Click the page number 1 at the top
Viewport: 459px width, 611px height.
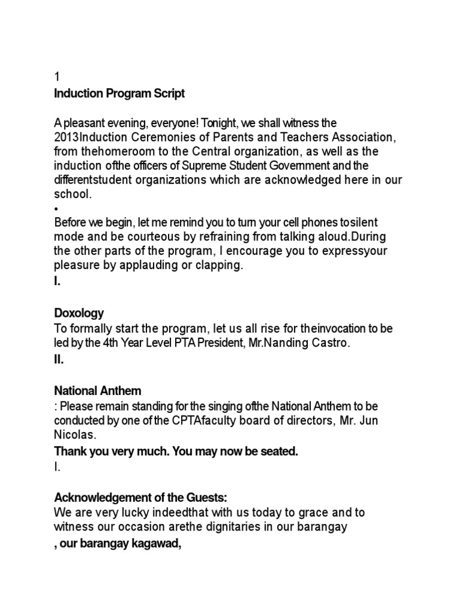(57, 77)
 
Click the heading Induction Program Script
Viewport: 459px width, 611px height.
(120, 94)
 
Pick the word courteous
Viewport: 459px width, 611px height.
(160, 237)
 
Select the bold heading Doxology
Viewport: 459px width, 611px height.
(79, 313)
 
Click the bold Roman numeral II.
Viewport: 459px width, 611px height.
(59, 360)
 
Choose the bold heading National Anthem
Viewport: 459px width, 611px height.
(98, 391)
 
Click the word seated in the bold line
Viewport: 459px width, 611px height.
(278, 452)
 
